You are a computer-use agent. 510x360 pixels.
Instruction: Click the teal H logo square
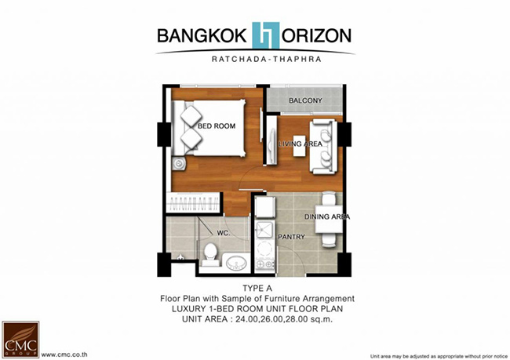(266, 35)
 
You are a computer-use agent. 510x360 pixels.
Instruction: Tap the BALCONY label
(305, 100)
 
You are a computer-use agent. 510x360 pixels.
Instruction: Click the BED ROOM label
(217, 125)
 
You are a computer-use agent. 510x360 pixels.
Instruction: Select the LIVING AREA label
(301, 144)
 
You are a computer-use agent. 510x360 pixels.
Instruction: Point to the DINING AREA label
(327, 216)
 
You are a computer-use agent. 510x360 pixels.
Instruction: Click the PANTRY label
(291, 237)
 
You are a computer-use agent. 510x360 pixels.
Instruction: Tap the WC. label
(224, 233)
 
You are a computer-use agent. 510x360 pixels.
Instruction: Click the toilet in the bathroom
(209, 255)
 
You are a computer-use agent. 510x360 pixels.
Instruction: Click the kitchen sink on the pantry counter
(264, 230)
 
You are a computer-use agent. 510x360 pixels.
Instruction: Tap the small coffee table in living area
(299, 146)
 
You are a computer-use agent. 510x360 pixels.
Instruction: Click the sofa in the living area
(322, 147)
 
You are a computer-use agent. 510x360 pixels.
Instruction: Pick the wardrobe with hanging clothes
(193, 203)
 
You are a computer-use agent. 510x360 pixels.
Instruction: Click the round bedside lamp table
(178, 163)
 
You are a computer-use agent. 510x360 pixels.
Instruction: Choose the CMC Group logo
(20, 339)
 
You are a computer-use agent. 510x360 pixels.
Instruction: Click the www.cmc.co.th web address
(64, 355)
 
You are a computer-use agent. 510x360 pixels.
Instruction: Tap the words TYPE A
(257, 288)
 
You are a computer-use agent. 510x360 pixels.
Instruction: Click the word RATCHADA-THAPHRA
(267, 59)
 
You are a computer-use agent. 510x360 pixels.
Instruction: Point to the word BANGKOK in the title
(202, 36)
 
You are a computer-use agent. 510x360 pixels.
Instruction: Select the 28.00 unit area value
(297, 319)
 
